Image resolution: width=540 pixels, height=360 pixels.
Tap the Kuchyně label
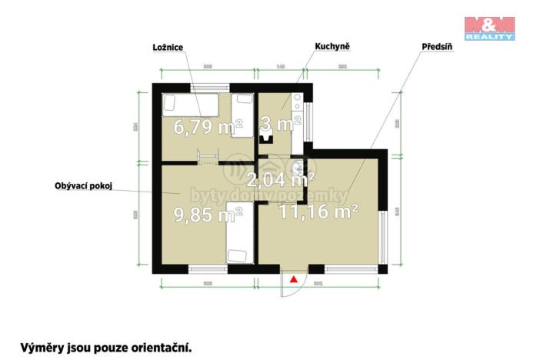[332, 47]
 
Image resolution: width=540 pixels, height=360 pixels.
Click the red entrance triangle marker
[293, 280]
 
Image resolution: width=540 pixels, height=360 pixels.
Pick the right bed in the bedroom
[244, 114]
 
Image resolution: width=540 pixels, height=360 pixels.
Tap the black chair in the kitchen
[266, 137]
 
